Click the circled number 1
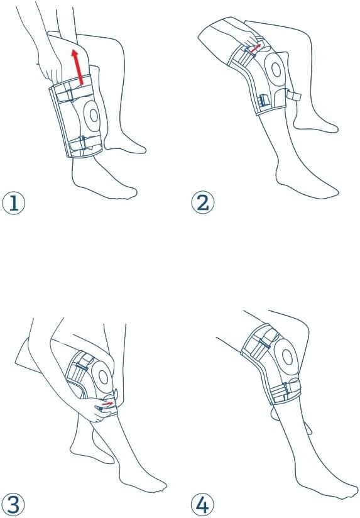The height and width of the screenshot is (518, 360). [x=14, y=203]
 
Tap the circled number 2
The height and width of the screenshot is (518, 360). [x=203, y=203]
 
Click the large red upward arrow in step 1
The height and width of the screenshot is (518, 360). [x=78, y=67]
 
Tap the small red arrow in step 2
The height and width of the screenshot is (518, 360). [x=255, y=48]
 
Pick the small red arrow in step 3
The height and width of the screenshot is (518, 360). [x=107, y=404]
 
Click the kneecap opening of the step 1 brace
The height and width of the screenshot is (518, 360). [x=94, y=116]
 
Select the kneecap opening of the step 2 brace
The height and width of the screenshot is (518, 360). [x=276, y=70]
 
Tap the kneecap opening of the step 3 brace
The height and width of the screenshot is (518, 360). [x=104, y=377]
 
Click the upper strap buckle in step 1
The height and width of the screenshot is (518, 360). [x=68, y=95]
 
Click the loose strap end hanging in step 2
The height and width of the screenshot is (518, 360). [x=293, y=96]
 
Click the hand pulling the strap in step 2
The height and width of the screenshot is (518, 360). [x=245, y=34]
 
